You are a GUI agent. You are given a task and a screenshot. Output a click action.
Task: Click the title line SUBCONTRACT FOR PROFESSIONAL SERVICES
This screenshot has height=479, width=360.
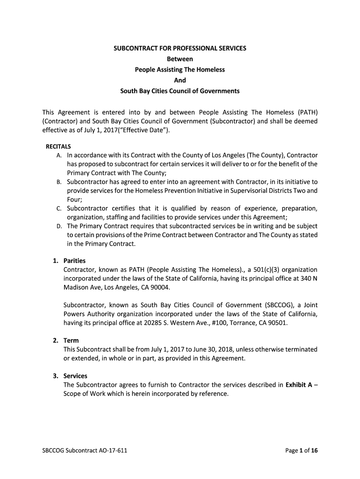point(180,48)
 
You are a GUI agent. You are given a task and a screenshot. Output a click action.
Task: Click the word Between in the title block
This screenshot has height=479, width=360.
point(180,59)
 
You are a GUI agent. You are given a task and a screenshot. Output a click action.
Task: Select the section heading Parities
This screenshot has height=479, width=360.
point(74,261)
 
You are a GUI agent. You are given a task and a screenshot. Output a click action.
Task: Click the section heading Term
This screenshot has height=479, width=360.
point(71,341)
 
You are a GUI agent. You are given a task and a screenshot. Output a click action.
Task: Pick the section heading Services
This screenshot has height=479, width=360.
point(75,376)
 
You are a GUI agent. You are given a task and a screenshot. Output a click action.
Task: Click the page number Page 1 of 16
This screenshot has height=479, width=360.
point(302,451)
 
